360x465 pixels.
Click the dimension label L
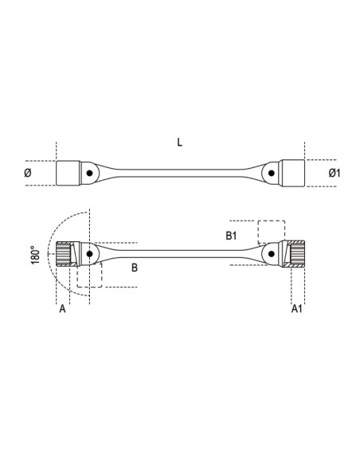click(x=180, y=143)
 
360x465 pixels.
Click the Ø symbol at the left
click(x=28, y=173)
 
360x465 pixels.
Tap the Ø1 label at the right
click(x=335, y=173)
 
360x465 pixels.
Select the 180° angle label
click(x=35, y=255)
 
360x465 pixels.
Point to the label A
click(x=62, y=309)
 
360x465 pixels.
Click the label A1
click(x=296, y=309)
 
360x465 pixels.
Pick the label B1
click(x=231, y=236)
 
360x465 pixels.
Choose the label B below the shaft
click(x=135, y=268)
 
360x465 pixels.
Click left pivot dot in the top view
click(x=89, y=173)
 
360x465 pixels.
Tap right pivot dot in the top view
click(x=271, y=173)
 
